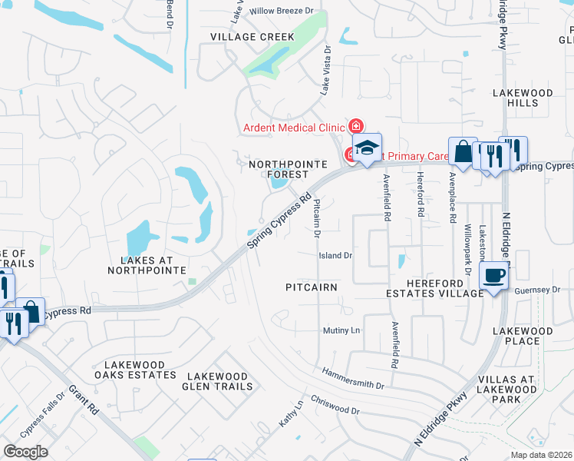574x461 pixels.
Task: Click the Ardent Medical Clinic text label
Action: pyautogui.click(x=293, y=128)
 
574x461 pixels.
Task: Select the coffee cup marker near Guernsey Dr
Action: pyautogui.click(x=494, y=276)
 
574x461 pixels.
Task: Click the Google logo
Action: pyautogui.click(x=25, y=451)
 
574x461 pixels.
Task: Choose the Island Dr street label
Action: pyautogui.click(x=335, y=255)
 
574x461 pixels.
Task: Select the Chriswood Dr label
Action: pyautogui.click(x=335, y=406)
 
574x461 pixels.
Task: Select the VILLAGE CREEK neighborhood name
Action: pyautogui.click(x=242, y=36)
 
